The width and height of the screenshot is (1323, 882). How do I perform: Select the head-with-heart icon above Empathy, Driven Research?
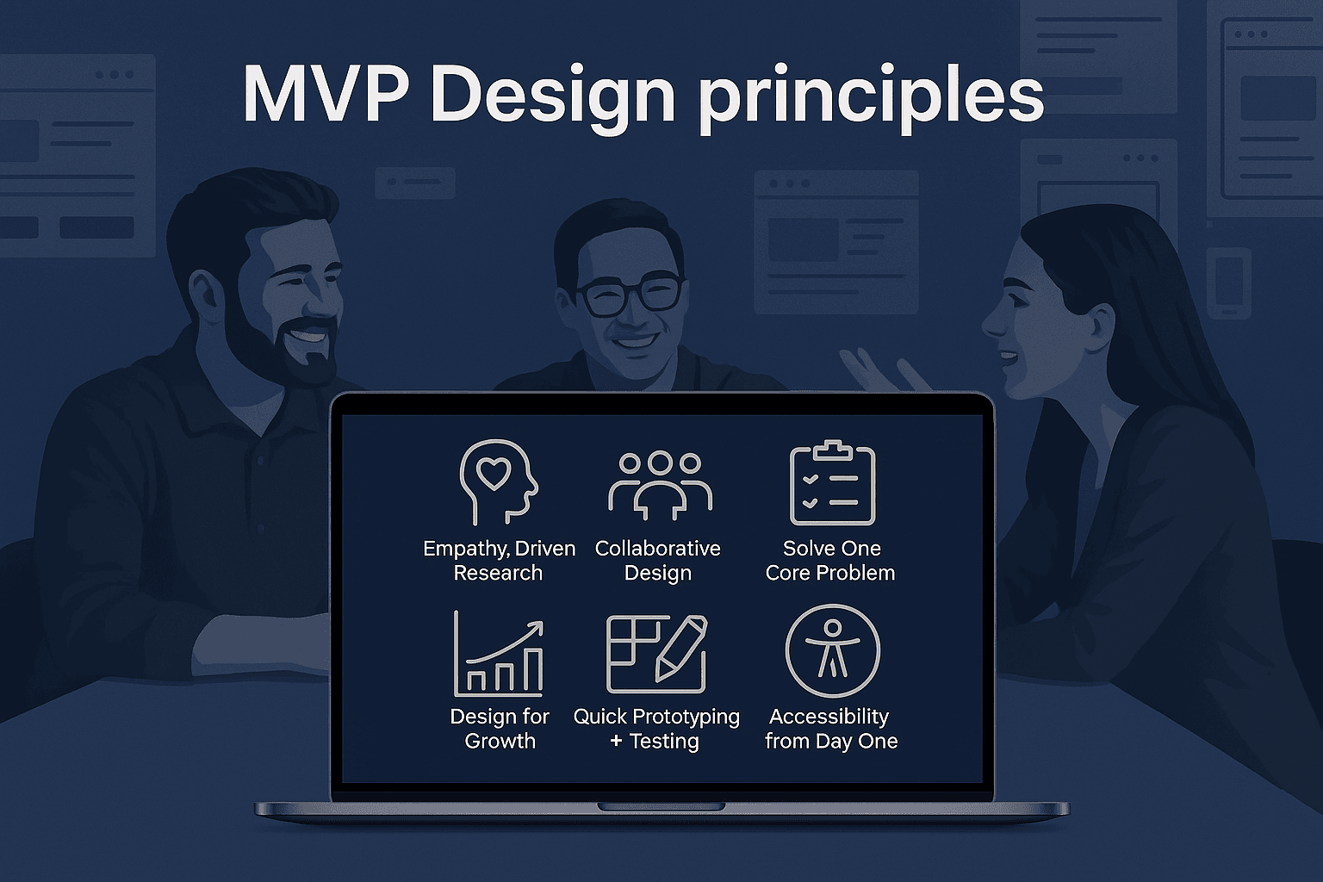click(499, 482)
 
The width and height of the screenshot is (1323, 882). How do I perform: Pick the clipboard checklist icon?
click(832, 482)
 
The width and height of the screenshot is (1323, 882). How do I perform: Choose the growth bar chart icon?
click(499, 654)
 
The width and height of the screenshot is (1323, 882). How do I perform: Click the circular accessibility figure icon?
click(832, 650)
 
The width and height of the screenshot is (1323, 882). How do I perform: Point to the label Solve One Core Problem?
click(830, 561)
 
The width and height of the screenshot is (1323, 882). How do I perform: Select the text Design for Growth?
click(500, 729)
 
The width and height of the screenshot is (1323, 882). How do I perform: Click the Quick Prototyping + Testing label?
click(656, 729)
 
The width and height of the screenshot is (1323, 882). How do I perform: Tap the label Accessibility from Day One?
click(831, 729)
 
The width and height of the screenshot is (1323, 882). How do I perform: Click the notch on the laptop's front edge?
click(661, 807)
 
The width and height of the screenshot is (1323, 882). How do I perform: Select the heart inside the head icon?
click(494, 474)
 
